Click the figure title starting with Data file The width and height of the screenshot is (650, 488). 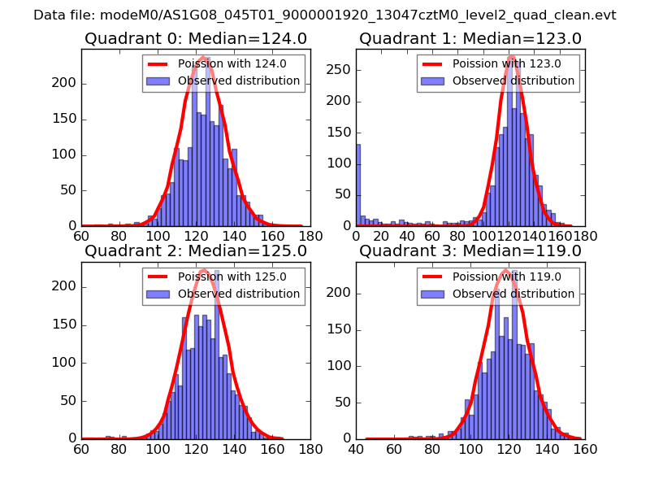(325, 15)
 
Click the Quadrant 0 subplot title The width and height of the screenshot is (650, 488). (196, 38)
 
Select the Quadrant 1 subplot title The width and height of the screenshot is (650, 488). (470, 38)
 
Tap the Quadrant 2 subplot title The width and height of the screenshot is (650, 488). (196, 251)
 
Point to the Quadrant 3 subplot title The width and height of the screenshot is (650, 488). (470, 251)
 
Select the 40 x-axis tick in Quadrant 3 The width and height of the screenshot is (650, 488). (356, 448)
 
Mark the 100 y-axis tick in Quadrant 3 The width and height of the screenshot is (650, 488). (340, 365)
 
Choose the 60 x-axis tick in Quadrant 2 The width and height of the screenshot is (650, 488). (81, 448)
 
